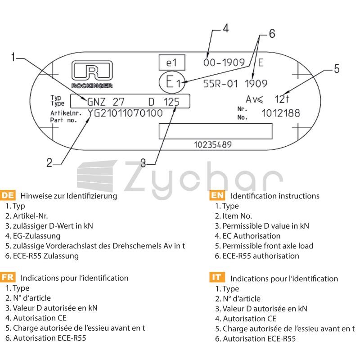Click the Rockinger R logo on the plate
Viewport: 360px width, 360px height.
(x=92, y=71)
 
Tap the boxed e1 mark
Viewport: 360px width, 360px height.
(x=172, y=63)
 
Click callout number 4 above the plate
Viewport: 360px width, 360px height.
(x=226, y=28)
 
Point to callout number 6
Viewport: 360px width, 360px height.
(x=272, y=33)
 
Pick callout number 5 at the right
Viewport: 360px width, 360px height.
(x=337, y=69)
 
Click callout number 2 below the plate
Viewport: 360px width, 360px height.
(x=49, y=162)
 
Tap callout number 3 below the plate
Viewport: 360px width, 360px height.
(x=143, y=163)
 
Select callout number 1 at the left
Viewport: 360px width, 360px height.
(x=13, y=57)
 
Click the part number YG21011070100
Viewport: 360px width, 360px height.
(x=125, y=113)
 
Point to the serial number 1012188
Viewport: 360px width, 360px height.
(x=281, y=113)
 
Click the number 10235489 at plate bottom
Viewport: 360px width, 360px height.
(x=213, y=144)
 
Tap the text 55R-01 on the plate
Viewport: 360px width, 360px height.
(x=220, y=84)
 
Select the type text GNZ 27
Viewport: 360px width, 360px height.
(x=106, y=102)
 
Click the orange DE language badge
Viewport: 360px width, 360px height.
(x=8, y=195)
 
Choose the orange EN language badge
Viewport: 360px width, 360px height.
(x=217, y=195)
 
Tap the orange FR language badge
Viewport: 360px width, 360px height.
(x=8, y=277)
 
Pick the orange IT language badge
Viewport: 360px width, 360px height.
(x=217, y=277)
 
